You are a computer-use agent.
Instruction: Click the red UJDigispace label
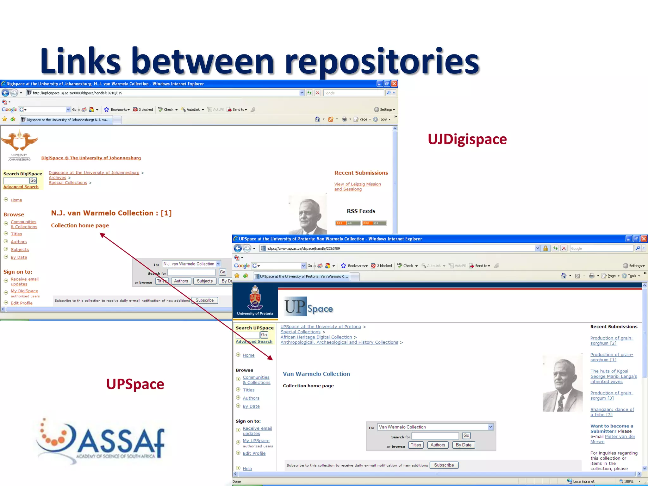[467, 140]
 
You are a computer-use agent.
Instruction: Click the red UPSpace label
[135, 384]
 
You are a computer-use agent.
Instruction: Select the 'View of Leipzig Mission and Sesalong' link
[357, 187]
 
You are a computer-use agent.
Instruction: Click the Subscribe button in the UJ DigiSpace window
[204, 300]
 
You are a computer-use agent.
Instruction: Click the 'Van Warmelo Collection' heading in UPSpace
[316, 374]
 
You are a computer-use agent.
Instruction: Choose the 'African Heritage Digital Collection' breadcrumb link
[316, 337]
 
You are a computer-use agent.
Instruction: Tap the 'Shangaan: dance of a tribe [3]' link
[612, 412]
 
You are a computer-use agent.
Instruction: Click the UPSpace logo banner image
[309, 307]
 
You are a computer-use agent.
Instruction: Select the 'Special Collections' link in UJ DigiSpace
[68, 183]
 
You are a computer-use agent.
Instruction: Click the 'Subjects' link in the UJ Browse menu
[20, 250]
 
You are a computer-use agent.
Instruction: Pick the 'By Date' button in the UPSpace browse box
[464, 445]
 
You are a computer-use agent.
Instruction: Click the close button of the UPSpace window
[644, 239]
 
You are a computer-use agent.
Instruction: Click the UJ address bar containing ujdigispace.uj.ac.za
[165, 93]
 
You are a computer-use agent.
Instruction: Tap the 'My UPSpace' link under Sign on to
[256, 441]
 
